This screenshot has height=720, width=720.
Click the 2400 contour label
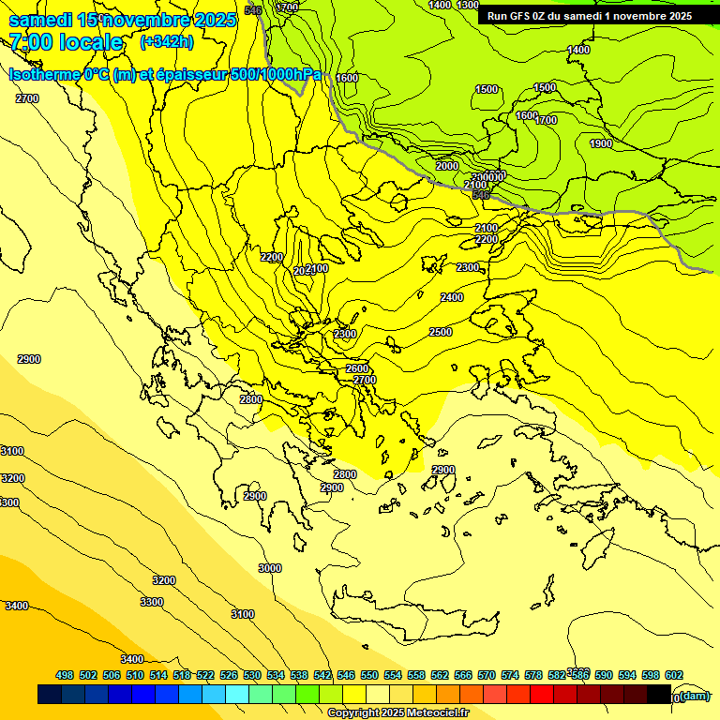pyautogui.click(x=452, y=297)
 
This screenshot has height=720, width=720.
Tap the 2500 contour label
pyautogui.click(x=441, y=333)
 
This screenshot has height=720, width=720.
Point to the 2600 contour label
pyautogui.click(x=357, y=368)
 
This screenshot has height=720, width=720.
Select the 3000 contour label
pyautogui.click(x=270, y=568)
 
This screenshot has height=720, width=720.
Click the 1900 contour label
pyautogui.click(x=601, y=143)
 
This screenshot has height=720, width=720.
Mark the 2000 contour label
pyautogui.click(x=447, y=166)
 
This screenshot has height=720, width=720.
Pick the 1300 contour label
pyautogui.click(x=468, y=6)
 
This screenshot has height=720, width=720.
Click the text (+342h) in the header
pyautogui.click(x=166, y=41)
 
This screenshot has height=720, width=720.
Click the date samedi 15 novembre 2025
pyautogui.click(x=122, y=20)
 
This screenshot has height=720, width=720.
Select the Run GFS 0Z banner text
pyautogui.click(x=589, y=16)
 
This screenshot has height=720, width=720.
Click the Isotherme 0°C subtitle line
pyautogui.click(x=165, y=74)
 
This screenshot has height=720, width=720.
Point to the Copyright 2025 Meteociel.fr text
pyautogui.click(x=397, y=712)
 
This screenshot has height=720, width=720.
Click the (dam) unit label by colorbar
pyautogui.click(x=695, y=695)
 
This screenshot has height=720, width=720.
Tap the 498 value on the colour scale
pyautogui.click(x=65, y=675)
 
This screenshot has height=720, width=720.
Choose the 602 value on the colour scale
pyautogui.click(x=673, y=675)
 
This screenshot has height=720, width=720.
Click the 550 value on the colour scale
pyautogui.click(x=369, y=675)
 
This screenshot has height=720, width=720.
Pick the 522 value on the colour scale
pyautogui.click(x=205, y=675)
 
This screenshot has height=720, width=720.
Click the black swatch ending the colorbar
pyautogui.click(x=659, y=695)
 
